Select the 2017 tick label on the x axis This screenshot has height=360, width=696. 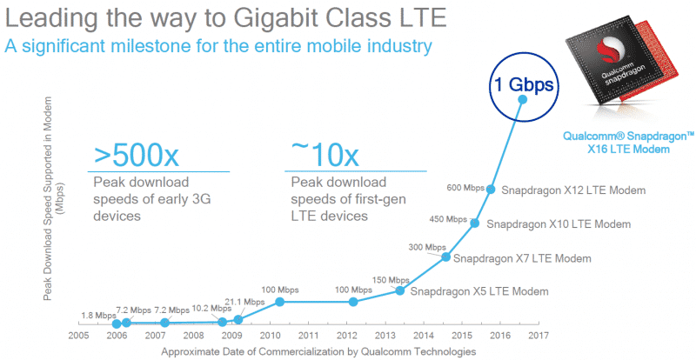(x=539, y=335)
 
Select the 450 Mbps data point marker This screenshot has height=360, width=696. (x=475, y=223)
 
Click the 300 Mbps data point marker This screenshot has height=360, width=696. (x=446, y=257)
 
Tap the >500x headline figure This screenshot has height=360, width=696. (x=137, y=157)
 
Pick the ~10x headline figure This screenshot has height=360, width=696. (x=322, y=157)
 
